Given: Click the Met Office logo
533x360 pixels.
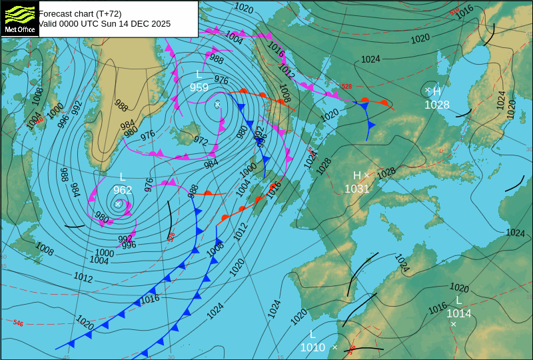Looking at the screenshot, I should (x=19, y=18).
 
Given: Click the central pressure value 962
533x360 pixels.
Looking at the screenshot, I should (x=123, y=190).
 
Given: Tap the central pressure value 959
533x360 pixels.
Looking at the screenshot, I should (x=199, y=87).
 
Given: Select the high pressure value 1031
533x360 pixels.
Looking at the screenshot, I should (x=357, y=189).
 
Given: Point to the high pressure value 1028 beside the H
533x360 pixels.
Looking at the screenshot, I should (x=437, y=105).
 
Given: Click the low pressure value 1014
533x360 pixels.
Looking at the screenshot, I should (x=459, y=313).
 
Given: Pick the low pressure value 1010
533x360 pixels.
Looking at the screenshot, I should (x=312, y=347).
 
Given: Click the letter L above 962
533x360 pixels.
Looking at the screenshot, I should (x=123, y=177).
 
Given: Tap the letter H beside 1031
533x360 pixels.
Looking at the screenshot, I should (x=357, y=175).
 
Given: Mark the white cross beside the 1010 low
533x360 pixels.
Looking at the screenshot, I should (x=334, y=347).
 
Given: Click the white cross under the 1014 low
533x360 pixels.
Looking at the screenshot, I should (x=454, y=325).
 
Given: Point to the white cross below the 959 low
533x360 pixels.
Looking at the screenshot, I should (x=217, y=105).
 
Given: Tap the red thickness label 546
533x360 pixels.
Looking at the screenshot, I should (x=18, y=323).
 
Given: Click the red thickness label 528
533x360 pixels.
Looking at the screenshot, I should (x=346, y=86).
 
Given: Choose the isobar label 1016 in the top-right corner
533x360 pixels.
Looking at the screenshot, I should (x=465, y=10).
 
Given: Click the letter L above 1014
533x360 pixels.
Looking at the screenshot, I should (x=459, y=300).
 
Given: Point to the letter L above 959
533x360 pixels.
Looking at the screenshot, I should (x=199, y=74).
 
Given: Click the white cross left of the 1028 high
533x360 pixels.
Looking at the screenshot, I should (x=428, y=90).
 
